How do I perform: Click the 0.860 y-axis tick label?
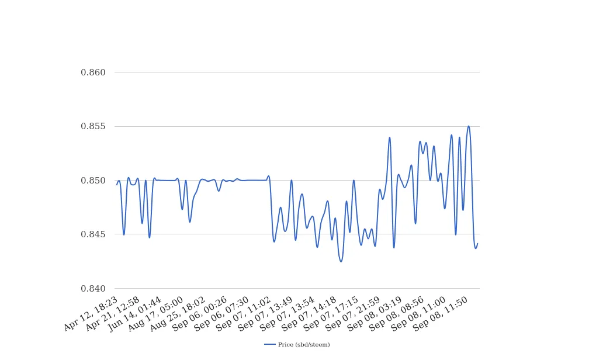tap(93, 72)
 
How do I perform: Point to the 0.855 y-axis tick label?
tap(93, 127)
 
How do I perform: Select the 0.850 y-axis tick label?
tap(93, 181)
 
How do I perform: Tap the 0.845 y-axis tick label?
tap(93, 234)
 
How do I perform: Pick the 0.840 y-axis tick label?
tap(93, 289)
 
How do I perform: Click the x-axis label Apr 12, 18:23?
tap(91, 314)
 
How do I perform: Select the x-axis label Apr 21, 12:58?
tap(113, 314)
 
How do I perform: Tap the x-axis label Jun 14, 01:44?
tap(136, 314)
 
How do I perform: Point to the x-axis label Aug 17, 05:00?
tap(157, 314)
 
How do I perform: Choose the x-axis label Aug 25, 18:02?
tap(178, 314)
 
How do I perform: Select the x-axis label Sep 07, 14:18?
tap(310, 314)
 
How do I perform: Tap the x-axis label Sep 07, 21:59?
tap(354, 314)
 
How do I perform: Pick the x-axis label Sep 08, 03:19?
tap(375, 314)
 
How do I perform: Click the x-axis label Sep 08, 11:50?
tap(441, 314)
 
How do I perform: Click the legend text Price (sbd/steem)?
tap(304, 345)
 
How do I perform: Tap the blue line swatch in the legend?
tap(270, 345)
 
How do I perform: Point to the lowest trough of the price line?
tap(341, 261)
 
